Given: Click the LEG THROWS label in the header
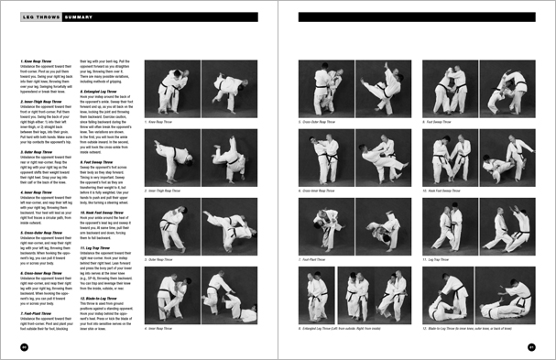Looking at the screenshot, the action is coord(40,16).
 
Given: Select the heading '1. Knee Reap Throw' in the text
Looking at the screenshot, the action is coord(36,61).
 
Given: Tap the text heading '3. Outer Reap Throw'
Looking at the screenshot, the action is coord(37,152).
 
